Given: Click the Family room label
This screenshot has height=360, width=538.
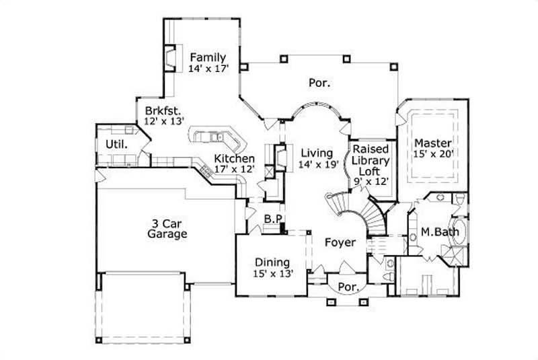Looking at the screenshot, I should point(207,57).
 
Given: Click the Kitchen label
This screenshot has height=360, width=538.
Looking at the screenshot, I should point(234,158).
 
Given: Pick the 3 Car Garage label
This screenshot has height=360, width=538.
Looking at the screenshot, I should point(167,229).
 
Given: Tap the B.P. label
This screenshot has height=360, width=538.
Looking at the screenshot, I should point(272,219).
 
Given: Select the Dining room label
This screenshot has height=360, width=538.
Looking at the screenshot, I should point(272,262).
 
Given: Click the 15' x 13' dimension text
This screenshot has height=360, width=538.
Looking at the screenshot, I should point(272,273).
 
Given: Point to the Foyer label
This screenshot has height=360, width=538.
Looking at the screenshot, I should point(340,242).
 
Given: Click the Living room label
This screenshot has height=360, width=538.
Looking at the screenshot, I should point(316,153).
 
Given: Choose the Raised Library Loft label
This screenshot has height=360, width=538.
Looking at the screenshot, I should point(372,160).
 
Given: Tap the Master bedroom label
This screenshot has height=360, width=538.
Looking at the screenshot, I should point(432,143).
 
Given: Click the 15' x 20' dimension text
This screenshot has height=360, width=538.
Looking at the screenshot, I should point(434,153).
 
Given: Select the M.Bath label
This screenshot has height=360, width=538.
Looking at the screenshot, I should point(440,232).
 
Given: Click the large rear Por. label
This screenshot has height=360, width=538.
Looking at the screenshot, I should point(319,83).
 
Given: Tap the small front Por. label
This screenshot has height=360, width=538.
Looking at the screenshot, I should point(347,287).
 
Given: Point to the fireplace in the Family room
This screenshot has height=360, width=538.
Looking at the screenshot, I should point(172,59).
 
